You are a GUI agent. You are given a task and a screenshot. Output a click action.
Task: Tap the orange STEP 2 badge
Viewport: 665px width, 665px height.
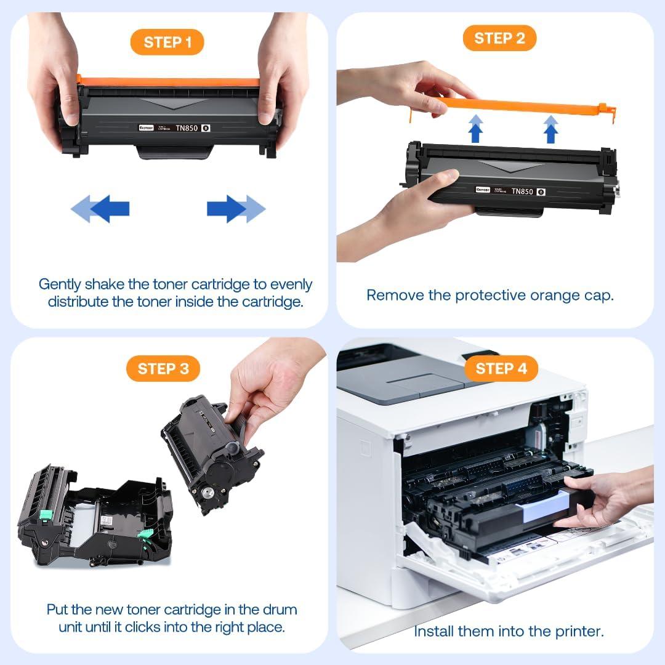point(499,38)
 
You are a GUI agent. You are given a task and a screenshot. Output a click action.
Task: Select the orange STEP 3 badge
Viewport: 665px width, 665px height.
point(163,369)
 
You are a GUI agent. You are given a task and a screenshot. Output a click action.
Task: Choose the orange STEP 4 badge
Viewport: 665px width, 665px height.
point(502,369)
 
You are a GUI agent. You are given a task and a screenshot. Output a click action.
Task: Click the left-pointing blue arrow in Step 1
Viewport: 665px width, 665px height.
point(102,209)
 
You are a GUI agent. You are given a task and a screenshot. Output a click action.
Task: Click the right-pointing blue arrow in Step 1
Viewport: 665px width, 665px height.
point(235,209)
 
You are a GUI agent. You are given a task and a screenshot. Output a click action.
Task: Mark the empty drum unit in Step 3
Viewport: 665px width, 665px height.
point(92,517)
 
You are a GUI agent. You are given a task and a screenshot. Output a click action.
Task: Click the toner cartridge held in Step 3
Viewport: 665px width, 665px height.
point(212,453)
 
